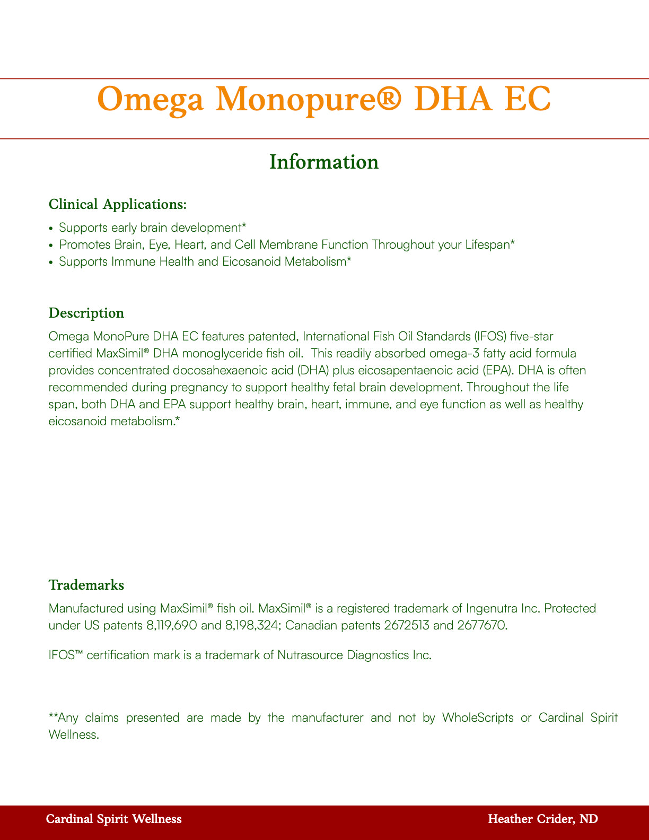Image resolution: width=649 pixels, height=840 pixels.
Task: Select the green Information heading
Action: (x=324, y=162)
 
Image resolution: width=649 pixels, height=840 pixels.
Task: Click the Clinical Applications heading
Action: (x=117, y=205)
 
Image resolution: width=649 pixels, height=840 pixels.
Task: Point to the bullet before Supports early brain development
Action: (x=51, y=229)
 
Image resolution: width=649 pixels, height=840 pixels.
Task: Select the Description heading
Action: (x=86, y=313)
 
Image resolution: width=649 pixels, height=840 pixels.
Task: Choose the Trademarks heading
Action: (x=86, y=585)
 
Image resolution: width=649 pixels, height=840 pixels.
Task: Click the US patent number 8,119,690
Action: (x=171, y=626)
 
